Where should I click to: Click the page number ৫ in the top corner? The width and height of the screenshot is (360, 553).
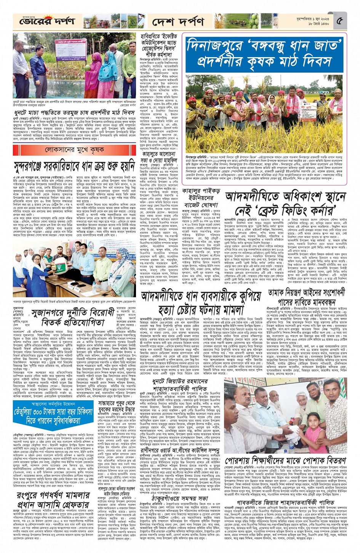pyautogui.click(x=340, y=21)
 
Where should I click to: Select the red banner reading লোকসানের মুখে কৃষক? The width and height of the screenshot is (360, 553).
pyautogui.click(x=74, y=150)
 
